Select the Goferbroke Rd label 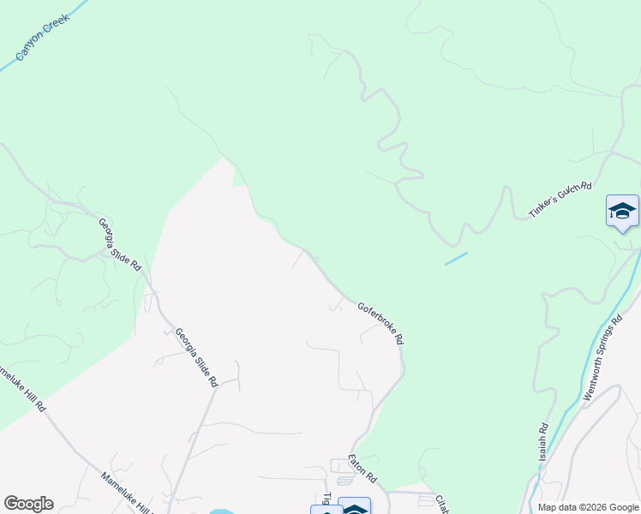[380, 323]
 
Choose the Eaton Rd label [362, 469]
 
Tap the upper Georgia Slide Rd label [119, 245]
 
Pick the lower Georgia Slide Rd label [196, 357]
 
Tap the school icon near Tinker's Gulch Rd [622, 211]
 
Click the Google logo [28, 504]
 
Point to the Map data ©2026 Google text [588, 507]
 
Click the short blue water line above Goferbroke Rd [456, 259]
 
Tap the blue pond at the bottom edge [220, 511]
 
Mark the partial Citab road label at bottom [442, 504]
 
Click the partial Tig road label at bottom [327, 499]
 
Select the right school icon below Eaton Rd [354, 508]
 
